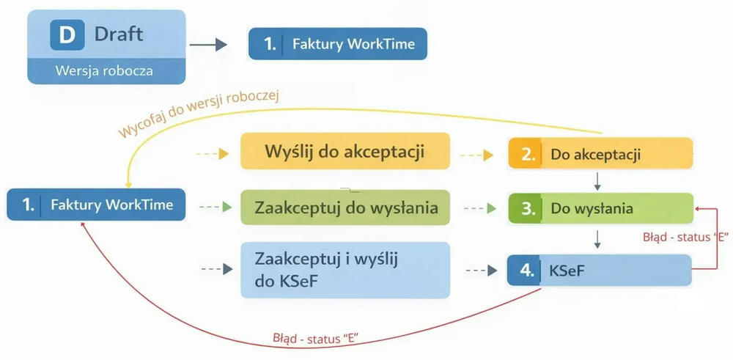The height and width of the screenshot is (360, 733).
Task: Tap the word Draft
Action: click(x=119, y=34)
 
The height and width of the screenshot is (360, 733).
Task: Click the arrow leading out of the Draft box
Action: click(x=208, y=45)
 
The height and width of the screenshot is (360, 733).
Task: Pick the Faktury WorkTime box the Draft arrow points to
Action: click(x=337, y=44)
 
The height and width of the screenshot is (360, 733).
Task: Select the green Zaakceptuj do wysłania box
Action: click(x=345, y=207)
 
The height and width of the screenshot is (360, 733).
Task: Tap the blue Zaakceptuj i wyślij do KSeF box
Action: click(x=345, y=270)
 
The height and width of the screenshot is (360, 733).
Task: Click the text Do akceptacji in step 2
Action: click(x=596, y=155)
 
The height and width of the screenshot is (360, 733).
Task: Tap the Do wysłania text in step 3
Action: click(x=592, y=208)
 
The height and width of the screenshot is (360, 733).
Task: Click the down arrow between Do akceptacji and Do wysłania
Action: click(x=599, y=180)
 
